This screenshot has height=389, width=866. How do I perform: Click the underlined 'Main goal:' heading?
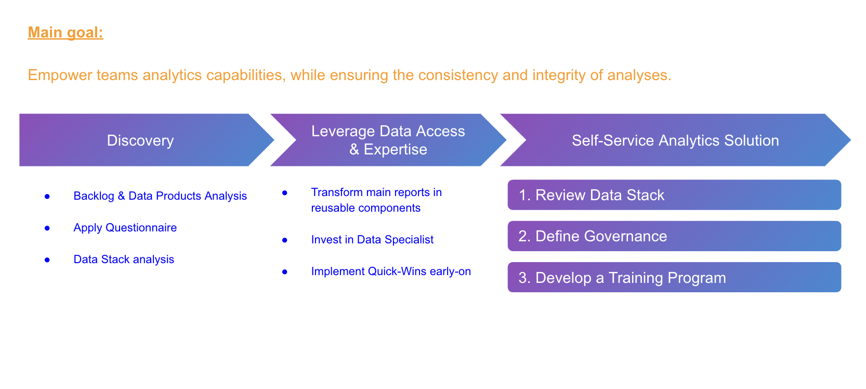(x=65, y=33)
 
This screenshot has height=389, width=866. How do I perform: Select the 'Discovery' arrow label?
(x=140, y=140)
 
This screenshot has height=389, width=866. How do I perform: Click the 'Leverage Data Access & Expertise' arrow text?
(x=388, y=140)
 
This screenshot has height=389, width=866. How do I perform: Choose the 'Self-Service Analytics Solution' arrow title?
(x=675, y=140)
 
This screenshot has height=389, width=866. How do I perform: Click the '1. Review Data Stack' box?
(x=674, y=195)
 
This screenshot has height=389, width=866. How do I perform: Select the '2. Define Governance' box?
(x=674, y=236)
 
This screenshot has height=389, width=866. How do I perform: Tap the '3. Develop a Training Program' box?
(x=674, y=277)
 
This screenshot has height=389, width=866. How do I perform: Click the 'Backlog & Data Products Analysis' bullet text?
(x=160, y=196)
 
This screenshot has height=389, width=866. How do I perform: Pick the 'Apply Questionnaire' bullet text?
(x=125, y=228)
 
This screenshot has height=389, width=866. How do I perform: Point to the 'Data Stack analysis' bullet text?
(x=124, y=260)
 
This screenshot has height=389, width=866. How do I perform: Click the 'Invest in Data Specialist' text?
(x=372, y=240)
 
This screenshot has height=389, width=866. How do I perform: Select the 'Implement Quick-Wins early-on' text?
(x=391, y=271)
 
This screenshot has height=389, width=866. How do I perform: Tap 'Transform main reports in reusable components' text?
(x=376, y=200)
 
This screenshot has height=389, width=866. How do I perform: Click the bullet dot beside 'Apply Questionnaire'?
(x=47, y=228)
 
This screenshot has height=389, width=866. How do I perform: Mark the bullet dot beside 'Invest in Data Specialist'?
(x=285, y=240)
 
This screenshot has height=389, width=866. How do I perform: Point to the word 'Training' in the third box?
(x=636, y=278)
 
